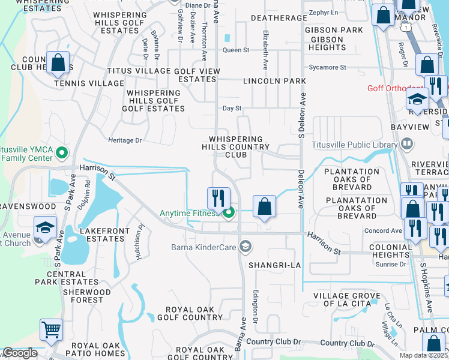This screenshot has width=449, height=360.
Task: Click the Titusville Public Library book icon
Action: [x=407, y=144]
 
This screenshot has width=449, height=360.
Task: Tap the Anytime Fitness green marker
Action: [x=229, y=212]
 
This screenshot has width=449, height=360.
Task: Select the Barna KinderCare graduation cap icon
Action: [x=245, y=246]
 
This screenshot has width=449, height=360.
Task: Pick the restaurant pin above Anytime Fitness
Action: [x=219, y=197]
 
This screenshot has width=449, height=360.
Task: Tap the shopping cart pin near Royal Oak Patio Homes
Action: [x=51, y=329]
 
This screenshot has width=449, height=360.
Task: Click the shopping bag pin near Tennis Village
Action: [x=58, y=62]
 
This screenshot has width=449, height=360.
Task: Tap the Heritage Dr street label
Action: [x=125, y=140]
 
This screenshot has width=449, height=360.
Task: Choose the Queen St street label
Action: [x=236, y=50]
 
